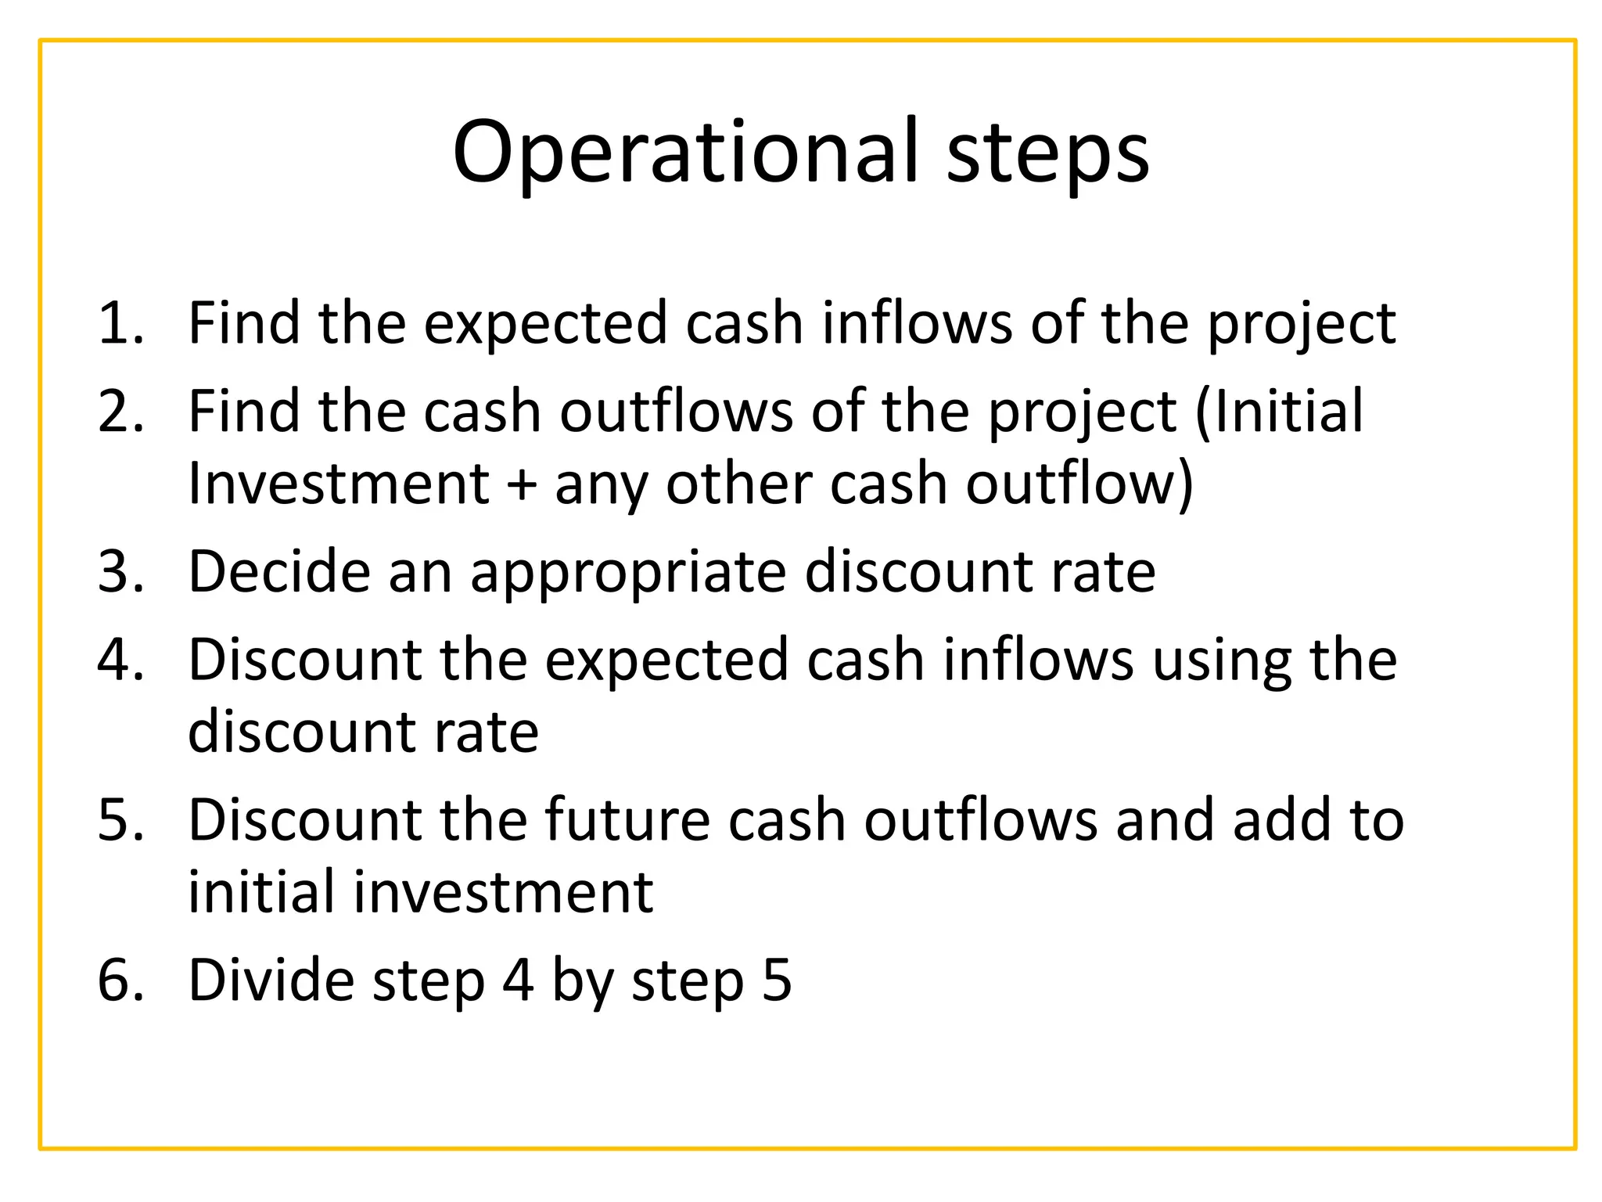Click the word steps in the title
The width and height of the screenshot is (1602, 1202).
(x=1048, y=153)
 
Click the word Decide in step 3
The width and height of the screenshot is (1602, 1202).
(x=278, y=570)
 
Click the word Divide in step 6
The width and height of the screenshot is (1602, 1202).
(x=271, y=980)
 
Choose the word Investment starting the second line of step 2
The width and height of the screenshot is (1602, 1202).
(x=338, y=483)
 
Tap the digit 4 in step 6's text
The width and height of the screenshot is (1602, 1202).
(x=518, y=980)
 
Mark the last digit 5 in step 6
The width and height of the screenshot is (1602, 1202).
(x=776, y=980)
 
